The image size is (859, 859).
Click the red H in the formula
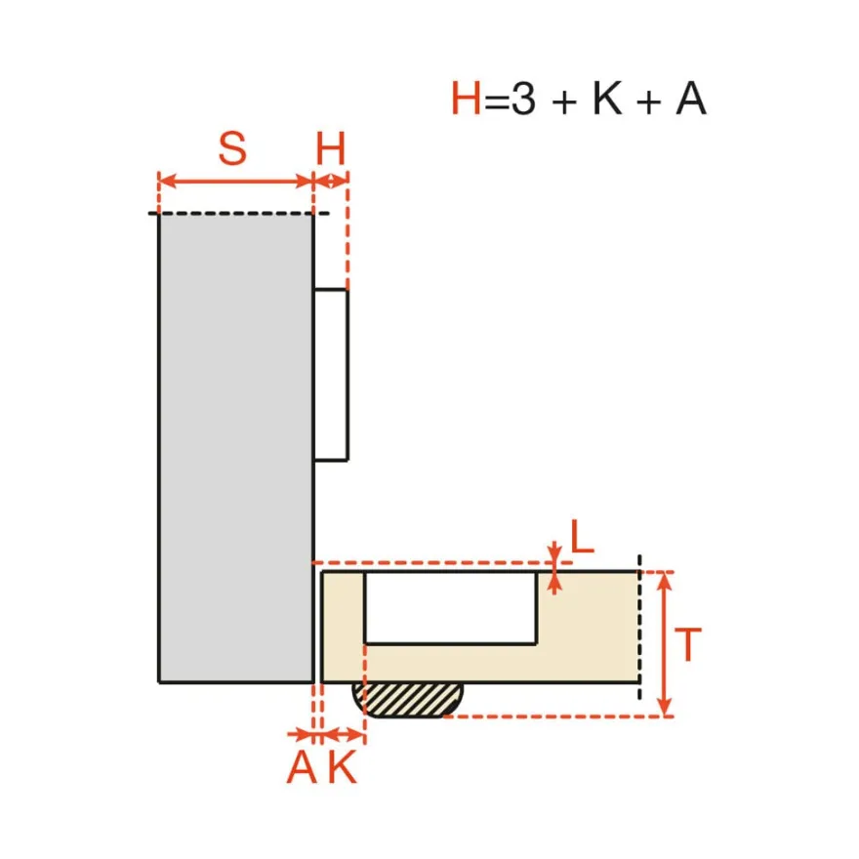466,99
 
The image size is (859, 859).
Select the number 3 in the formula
523,99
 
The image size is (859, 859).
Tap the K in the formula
607,99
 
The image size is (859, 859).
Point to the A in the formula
691,99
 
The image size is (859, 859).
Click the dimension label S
233,148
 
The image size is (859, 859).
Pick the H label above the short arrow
331,148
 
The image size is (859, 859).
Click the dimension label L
583,536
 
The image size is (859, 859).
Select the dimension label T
688,645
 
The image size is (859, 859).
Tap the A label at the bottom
302,767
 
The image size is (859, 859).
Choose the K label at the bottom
343,767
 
